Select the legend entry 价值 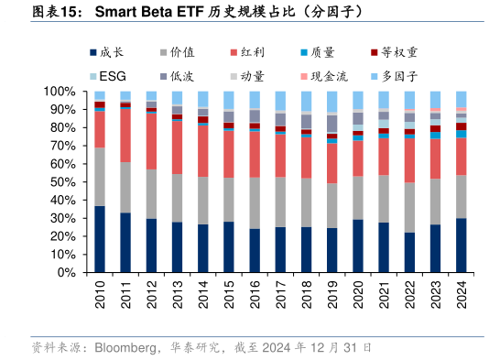pos(183,54)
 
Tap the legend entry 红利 pos(255,54)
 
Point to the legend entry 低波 pos(183,74)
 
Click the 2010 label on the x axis pos(100,296)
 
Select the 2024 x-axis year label pos(462,296)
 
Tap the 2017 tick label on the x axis pos(281,296)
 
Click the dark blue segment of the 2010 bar pos(100,239)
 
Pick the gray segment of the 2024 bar pos(462,196)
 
